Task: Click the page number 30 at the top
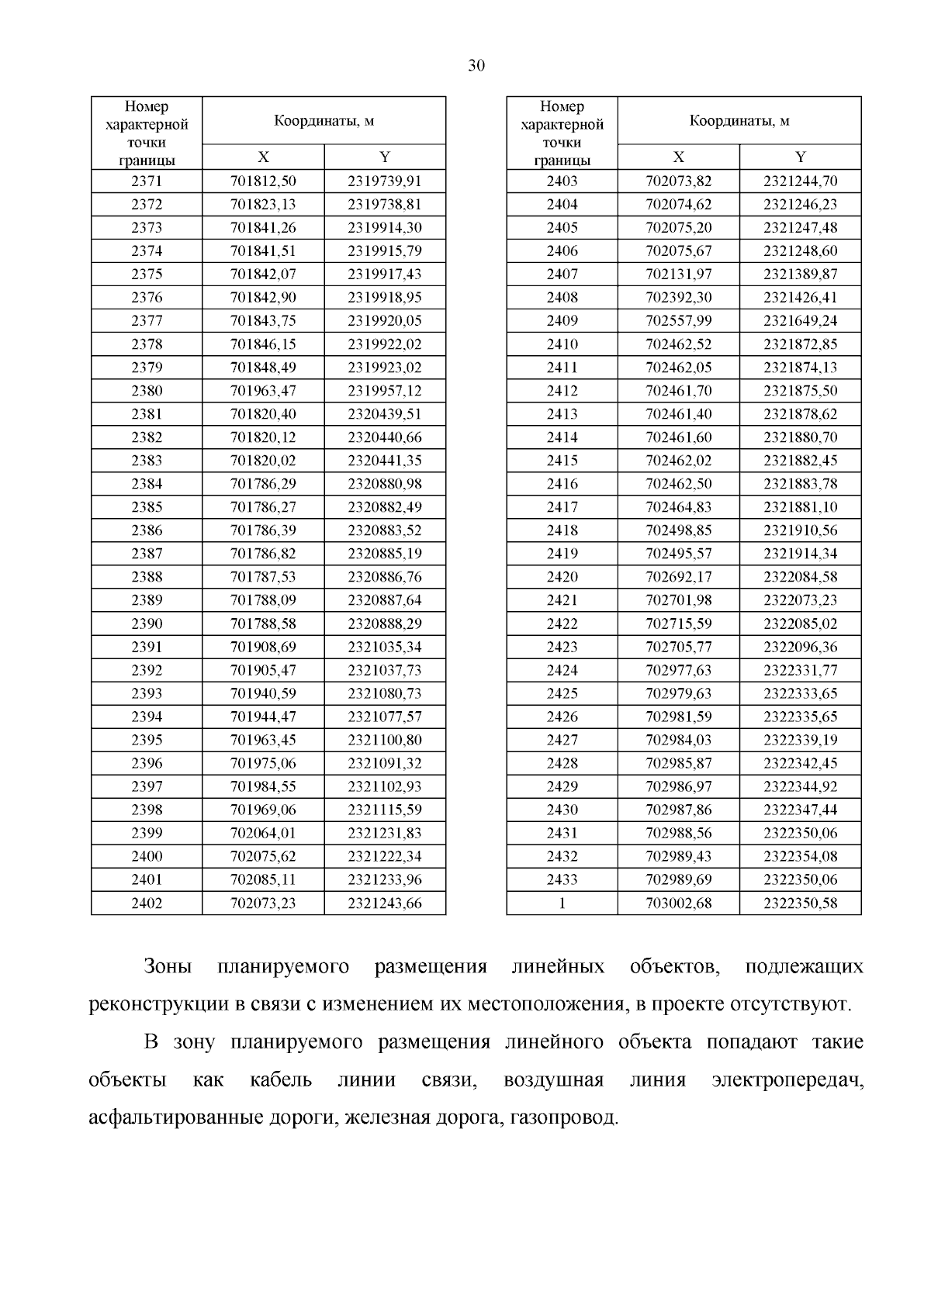pos(476,66)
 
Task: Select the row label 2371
pos(147,181)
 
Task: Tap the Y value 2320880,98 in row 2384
pos(385,484)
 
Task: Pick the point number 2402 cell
pos(147,903)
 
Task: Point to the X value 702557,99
pos(678,321)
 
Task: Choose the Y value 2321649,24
pos(800,321)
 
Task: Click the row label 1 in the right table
pos(562,903)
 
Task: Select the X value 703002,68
pos(678,903)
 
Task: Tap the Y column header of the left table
pos(385,157)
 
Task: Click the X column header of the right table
pos(678,157)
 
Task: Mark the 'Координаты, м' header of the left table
pos(324,121)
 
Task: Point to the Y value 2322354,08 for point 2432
pos(800,856)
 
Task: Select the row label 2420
pos(562,577)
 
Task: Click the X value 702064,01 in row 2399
pos(263,833)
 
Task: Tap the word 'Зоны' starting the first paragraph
pos(168,968)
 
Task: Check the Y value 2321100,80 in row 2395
pos(385,740)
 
